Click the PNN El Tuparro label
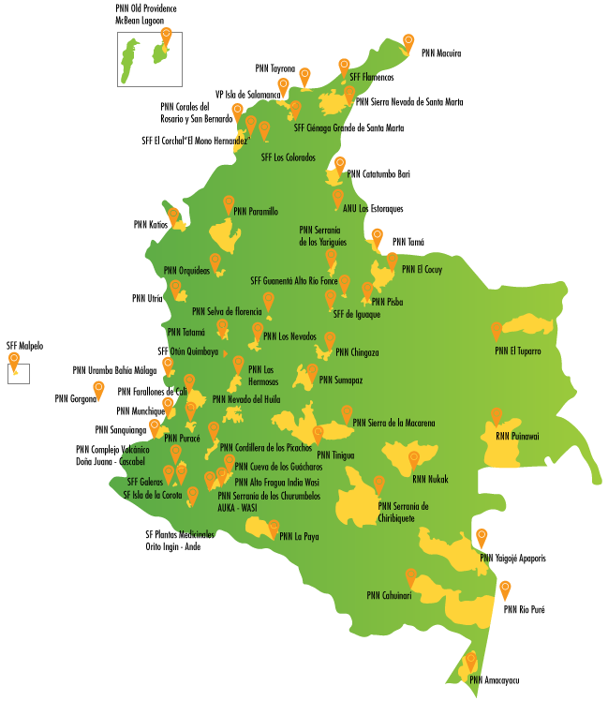[x=518, y=351]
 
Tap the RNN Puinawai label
[x=517, y=436]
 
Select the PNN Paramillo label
[x=256, y=212]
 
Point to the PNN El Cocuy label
[x=422, y=270]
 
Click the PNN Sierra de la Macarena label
[x=393, y=424]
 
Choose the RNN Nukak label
[x=430, y=480]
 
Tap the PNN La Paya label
[x=299, y=537]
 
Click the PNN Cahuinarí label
[x=389, y=595]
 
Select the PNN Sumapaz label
[x=340, y=380]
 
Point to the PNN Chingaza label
[x=357, y=353]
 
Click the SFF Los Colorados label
[x=288, y=158]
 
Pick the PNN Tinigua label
[x=335, y=456]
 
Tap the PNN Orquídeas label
[x=186, y=271]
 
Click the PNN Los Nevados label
[x=289, y=336]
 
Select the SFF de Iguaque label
[x=356, y=315]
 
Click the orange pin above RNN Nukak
[x=413, y=459]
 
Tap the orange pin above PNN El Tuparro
[x=497, y=331]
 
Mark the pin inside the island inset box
[x=166, y=37]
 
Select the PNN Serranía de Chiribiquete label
[x=403, y=512]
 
